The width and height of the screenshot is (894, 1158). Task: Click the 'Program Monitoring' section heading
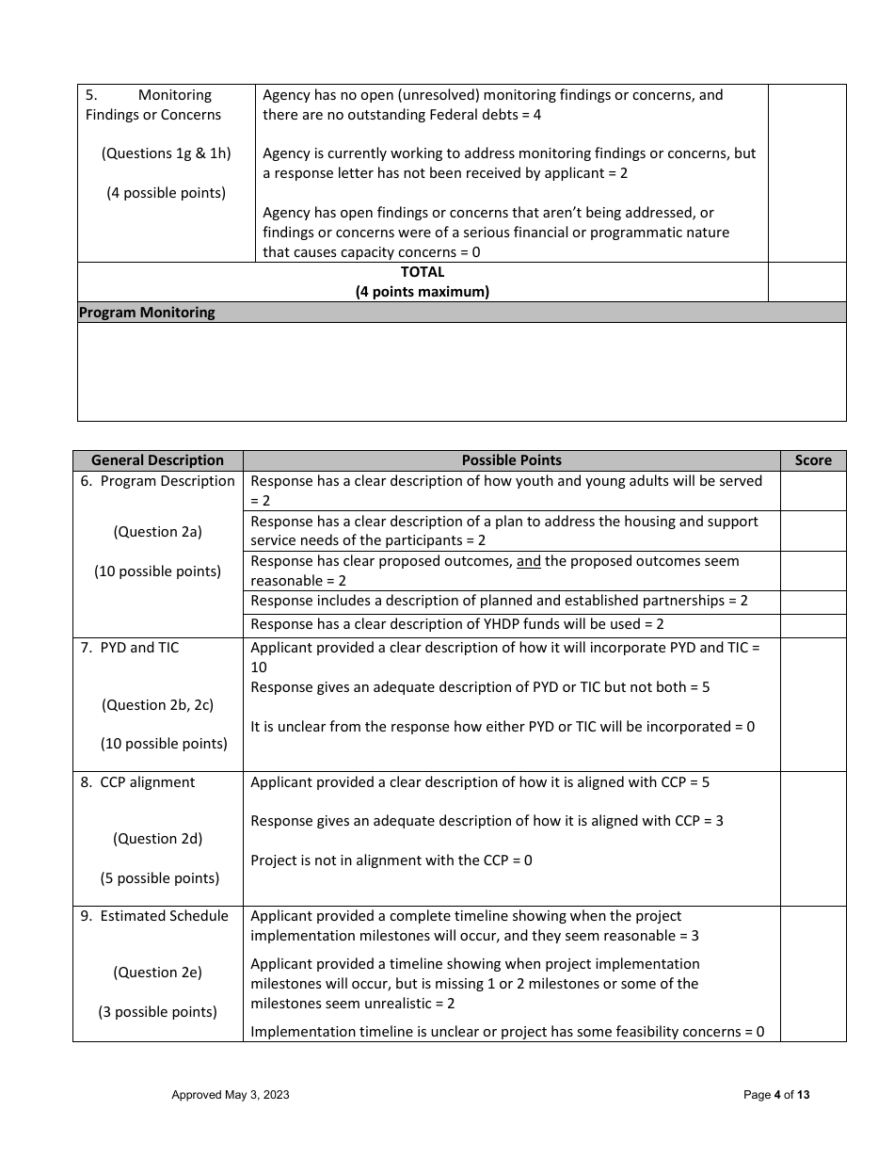click(147, 313)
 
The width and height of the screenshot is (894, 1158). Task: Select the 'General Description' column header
click(157, 460)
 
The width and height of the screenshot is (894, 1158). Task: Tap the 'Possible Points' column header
click(511, 460)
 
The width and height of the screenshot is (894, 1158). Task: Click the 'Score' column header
click(813, 460)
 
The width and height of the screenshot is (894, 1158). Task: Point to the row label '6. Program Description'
click(158, 481)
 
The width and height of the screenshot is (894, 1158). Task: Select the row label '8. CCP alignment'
click(138, 782)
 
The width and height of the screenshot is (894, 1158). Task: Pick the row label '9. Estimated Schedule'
click(155, 916)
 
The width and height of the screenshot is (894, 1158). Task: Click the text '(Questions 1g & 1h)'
click(166, 153)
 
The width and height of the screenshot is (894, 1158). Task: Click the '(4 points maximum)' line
click(423, 292)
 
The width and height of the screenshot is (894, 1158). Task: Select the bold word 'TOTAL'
click(423, 272)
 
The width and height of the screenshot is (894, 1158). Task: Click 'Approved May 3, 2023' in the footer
click(231, 1095)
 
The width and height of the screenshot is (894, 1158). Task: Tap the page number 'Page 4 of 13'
click(776, 1095)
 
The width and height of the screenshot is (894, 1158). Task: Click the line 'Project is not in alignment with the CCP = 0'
click(391, 860)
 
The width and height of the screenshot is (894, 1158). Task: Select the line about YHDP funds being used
click(457, 624)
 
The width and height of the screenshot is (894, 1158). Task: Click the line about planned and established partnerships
click(499, 601)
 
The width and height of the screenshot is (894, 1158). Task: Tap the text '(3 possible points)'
click(157, 1012)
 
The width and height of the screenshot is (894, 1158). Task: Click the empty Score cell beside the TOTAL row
click(806, 282)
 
